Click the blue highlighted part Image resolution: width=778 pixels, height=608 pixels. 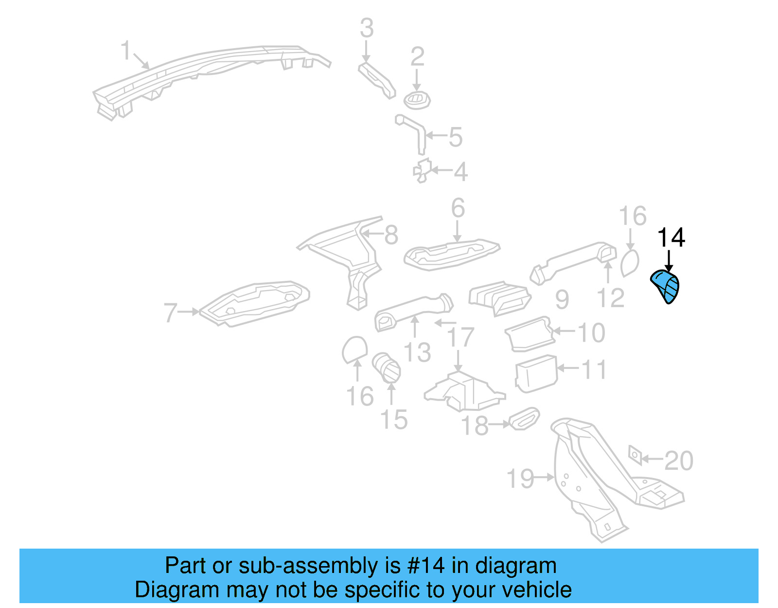point(666,286)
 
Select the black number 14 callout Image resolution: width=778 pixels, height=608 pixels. point(671,238)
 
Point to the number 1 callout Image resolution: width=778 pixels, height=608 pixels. point(126,51)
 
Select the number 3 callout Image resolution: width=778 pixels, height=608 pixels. point(367,28)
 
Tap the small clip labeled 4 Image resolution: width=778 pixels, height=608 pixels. point(422,170)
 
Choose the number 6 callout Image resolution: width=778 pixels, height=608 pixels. point(458,208)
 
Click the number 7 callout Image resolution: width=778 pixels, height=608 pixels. point(170,313)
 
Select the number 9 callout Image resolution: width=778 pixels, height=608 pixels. point(562,299)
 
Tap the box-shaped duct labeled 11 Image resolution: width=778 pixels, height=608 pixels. point(535,374)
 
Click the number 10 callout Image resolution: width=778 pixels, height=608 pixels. point(591,333)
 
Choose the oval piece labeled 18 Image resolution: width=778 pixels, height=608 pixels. point(524,419)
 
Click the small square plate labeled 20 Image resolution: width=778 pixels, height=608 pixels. point(635,455)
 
